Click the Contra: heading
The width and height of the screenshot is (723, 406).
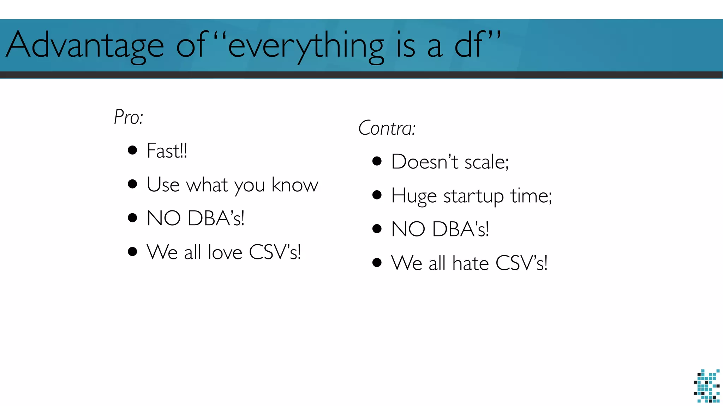[x=387, y=128]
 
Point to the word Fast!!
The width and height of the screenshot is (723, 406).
[x=167, y=151]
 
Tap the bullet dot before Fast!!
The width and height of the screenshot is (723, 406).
[x=132, y=150]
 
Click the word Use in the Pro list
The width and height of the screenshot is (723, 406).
[x=163, y=184]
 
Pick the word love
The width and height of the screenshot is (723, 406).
[x=225, y=252]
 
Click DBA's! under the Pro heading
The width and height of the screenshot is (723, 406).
[x=216, y=218]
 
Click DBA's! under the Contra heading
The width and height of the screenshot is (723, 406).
[x=460, y=229]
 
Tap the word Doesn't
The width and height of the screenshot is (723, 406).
[x=425, y=162]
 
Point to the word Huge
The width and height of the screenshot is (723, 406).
[x=414, y=196]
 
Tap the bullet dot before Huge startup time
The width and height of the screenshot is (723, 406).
[x=377, y=195]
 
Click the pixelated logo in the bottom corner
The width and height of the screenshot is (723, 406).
[x=706, y=386]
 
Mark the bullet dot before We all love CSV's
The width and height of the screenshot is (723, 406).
[x=132, y=252]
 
